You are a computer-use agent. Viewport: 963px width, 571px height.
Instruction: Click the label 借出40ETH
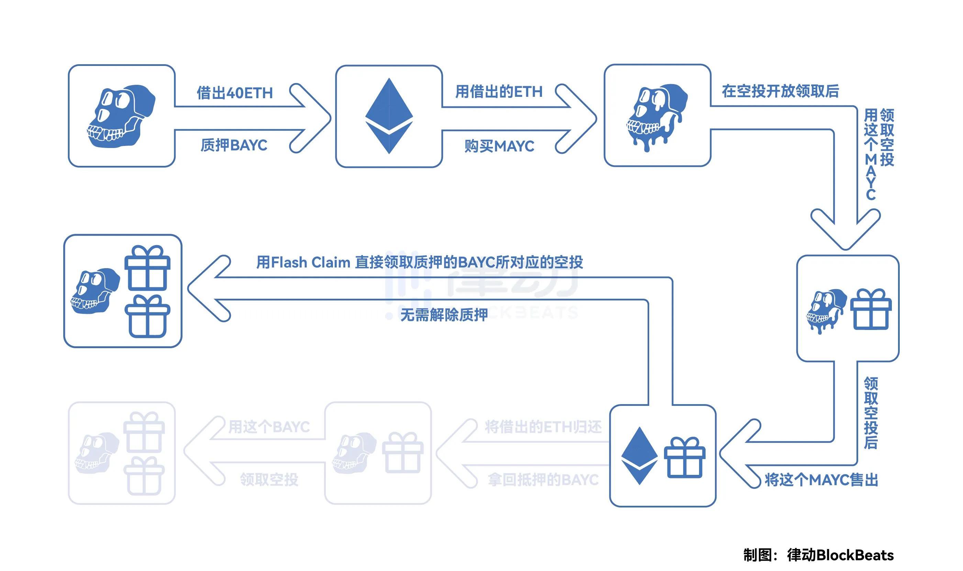(234, 93)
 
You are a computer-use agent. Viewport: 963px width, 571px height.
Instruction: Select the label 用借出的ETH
(499, 92)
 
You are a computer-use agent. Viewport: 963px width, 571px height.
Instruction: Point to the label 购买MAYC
(499, 146)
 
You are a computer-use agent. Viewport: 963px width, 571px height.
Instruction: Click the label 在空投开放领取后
(780, 92)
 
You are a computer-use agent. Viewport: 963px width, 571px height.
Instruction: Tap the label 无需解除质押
(444, 315)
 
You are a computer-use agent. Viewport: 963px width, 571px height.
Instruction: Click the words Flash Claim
(310, 262)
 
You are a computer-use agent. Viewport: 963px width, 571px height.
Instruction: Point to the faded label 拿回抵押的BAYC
(543, 480)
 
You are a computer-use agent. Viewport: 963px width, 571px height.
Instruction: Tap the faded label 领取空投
(269, 480)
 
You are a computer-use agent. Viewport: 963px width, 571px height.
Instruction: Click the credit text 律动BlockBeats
(840, 555)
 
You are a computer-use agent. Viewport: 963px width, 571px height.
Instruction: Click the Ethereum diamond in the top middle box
(389, 116)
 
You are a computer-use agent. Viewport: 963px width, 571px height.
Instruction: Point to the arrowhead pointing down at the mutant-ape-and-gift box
(845, 235)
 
